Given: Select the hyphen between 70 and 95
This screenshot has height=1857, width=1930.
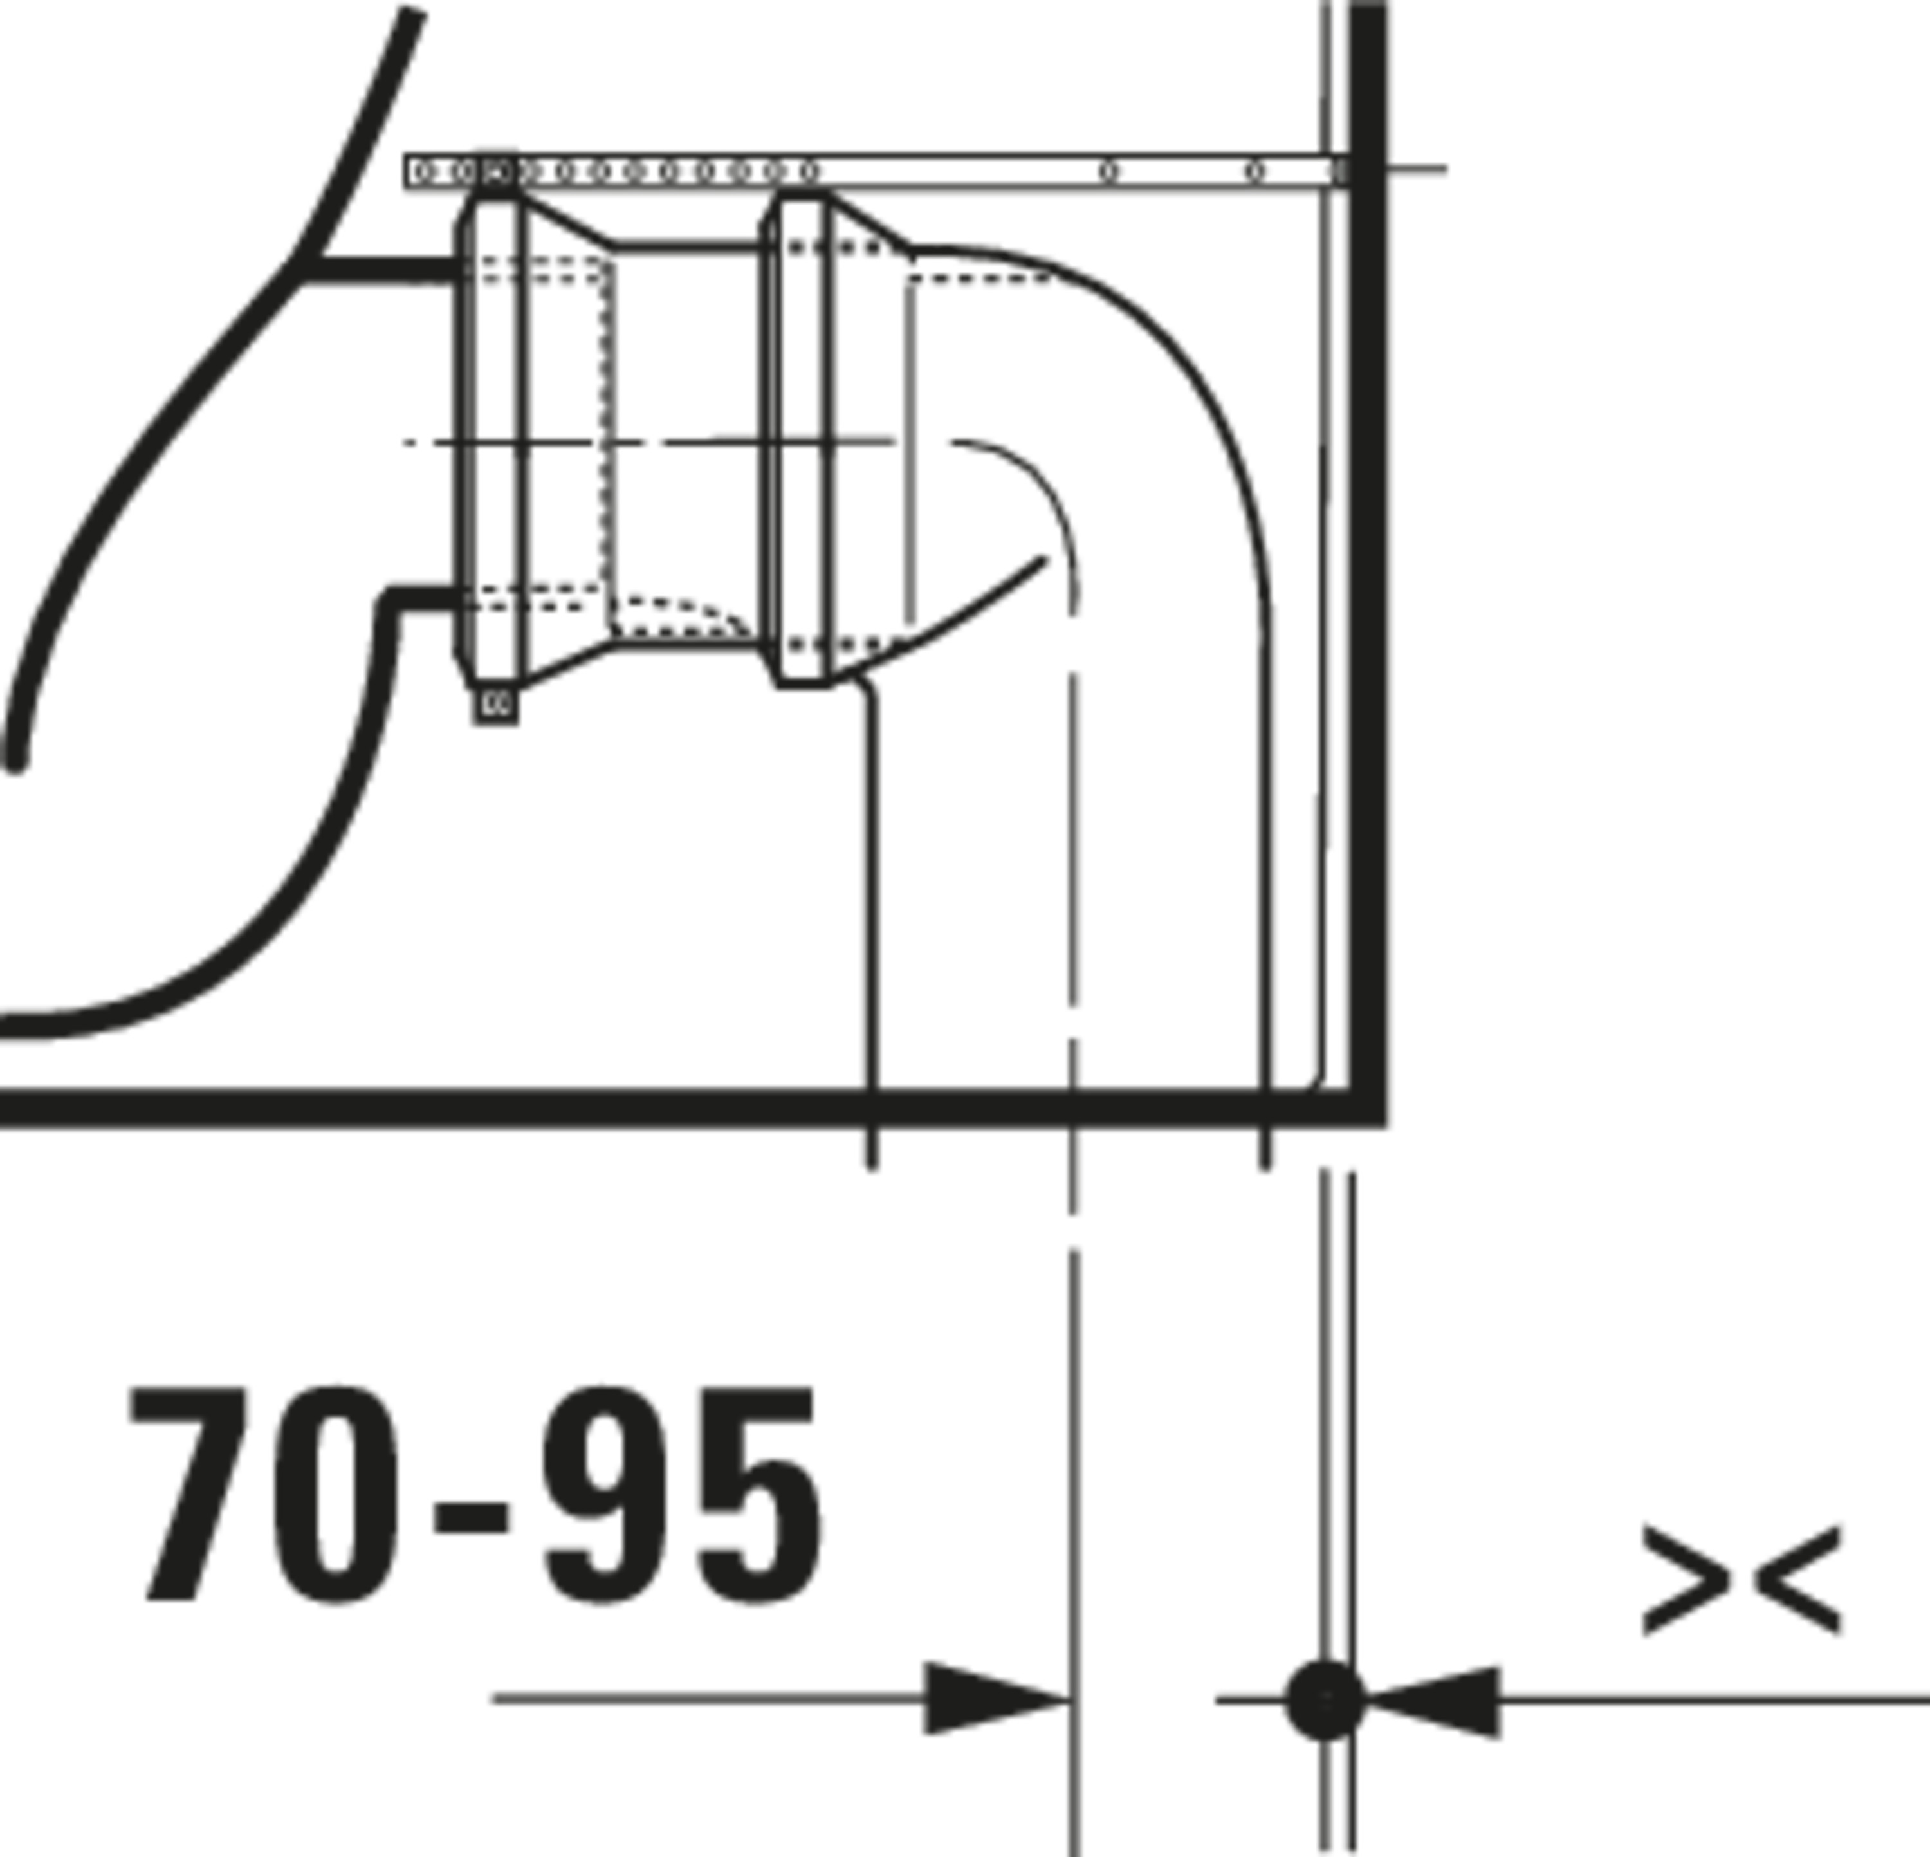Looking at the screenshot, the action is click(x=471, y=1519).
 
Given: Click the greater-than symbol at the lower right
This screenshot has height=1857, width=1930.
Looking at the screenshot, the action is click(x=1686, y=1582).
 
